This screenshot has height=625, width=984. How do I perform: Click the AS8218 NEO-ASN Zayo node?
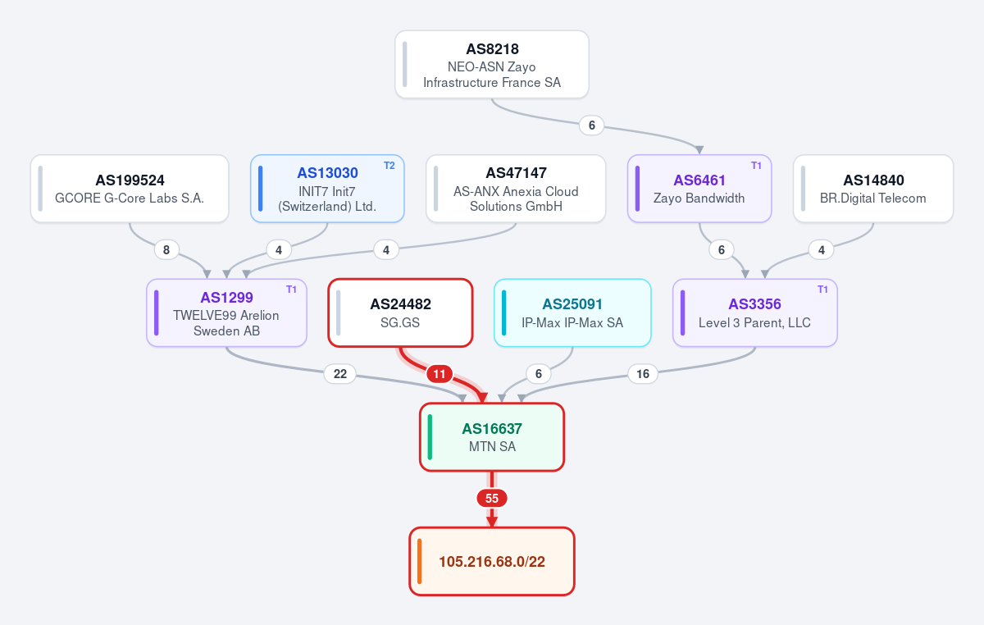tap(491, 65)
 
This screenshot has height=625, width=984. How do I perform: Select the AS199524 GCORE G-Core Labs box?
tap(130, 189)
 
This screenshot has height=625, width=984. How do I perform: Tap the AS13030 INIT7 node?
tap(327, 189)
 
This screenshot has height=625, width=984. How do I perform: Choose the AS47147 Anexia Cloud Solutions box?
tap(516, 189)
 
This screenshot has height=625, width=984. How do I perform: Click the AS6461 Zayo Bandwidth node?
tap(699, 189)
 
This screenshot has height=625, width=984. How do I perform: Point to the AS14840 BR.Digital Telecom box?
tap(873, 189)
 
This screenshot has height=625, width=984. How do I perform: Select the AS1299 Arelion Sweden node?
tap(226, 313)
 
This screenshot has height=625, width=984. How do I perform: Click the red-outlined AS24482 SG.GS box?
tap(400, 313)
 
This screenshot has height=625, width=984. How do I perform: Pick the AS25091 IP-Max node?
tap(572, 313)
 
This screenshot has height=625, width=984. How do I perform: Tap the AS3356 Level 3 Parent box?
tap(755, 313)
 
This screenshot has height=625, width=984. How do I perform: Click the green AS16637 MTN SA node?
tap(492, 437)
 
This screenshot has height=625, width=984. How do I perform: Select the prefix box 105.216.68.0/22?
tap(492, 562)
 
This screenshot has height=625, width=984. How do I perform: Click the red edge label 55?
tap(492, 499)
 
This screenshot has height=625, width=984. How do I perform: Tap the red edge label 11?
tap(440, 374)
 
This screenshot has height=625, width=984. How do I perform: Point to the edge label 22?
tap(340, 374)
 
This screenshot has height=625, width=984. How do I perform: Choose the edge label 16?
tap(643, 374)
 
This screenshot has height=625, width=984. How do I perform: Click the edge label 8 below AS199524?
tap(166, 250)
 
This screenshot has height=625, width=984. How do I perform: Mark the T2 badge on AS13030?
tap(389, 166)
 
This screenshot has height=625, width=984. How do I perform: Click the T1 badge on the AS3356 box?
tap(822, 290)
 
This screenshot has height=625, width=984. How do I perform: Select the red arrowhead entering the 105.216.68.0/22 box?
tap(492, 522)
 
